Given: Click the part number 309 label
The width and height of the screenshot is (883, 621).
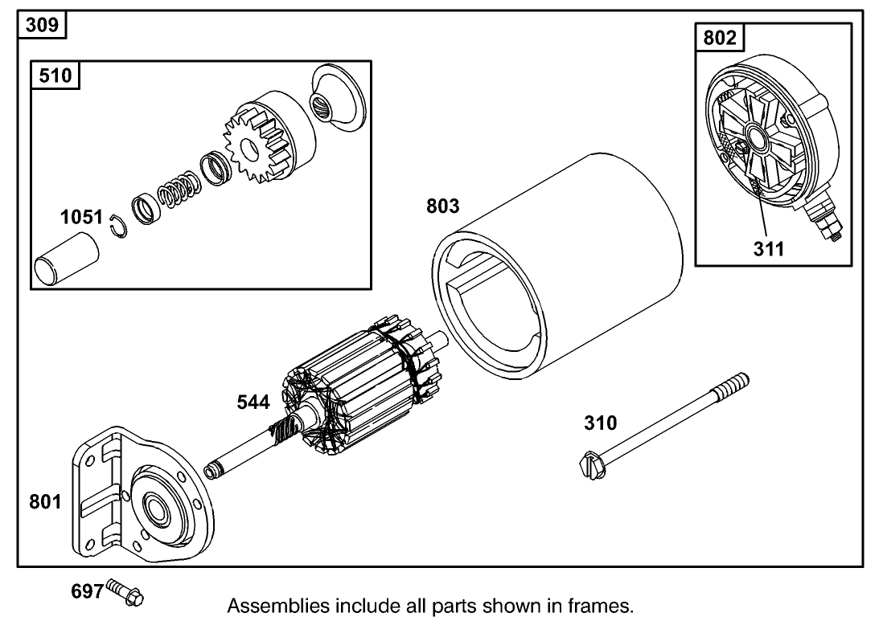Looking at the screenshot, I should pyautogui.click(x=42, y=24).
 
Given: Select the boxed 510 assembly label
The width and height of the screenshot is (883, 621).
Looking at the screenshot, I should pyautogui.click(x=55, y=76).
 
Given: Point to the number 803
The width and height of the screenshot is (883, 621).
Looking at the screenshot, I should pyautogui.click(x=442, y=206).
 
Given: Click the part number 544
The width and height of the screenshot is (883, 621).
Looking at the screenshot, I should pyautogui.click(x=253, y=402).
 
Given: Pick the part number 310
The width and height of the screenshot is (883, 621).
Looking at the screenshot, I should pyautogui.click(x=601, y=423).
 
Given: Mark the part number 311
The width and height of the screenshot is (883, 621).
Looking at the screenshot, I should pyautogui.click(x=769, y=248).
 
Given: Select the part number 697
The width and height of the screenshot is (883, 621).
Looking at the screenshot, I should pyautogui.click(x=88, y=592).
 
